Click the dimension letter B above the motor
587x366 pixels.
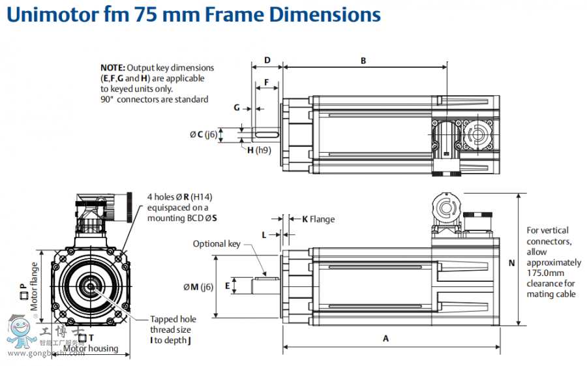(x=363, y=61)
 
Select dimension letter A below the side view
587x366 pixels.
(x=385, y=339)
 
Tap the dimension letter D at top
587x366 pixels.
(x=267, y=61)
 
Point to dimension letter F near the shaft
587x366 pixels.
(x=266, y=83)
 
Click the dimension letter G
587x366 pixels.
(x=237, y=107)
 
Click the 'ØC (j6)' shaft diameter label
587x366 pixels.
(x=203, y=135)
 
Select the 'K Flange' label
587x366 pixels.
(x=318, y=219)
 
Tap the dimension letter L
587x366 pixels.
(x=263, y=234)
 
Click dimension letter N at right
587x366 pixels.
(x=512, y=263)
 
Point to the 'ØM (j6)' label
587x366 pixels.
(x=198, y=287)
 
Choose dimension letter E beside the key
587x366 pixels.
(x=227, y=286)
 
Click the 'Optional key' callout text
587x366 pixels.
(x=217, y=244)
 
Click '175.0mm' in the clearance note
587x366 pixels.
(x=545, y=273)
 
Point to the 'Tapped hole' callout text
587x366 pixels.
(x=173, y=319)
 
